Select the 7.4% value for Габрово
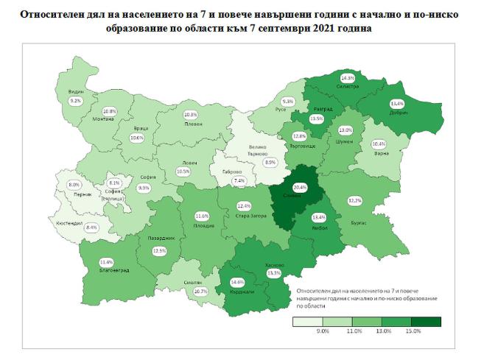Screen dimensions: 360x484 [x=237, y=180]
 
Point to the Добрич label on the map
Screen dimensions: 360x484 [x=398, y=114]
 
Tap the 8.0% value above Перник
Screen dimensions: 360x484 [x=74, y=184]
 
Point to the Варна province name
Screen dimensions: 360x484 [x=379, y=154]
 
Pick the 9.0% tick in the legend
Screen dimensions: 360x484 [x=323, y=333]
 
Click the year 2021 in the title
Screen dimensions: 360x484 [x=332, y=27]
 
